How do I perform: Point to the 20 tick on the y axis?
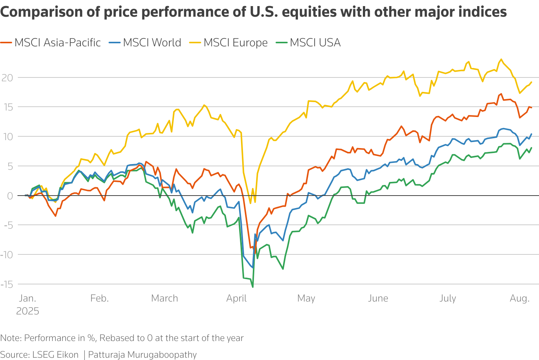click(x=7, y=78)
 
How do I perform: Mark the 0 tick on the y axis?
click(x=10, y=196)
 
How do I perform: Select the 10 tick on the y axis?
click(x=7, y=137)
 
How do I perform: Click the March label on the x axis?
click(x=164, y=298)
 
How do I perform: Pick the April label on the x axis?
click(x=236, y=298)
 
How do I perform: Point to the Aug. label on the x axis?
click(x=520, y=298)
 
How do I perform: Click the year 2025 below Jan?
click(x=28, y=311)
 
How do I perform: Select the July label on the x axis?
click(x=448, y=298)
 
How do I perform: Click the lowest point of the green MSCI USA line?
click(x=253, y=287)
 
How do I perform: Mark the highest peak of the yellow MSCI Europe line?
click(x=501, y=59)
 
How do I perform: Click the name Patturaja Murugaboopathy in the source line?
click(x=142, y=355)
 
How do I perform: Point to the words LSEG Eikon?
click(x=55, y=355)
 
